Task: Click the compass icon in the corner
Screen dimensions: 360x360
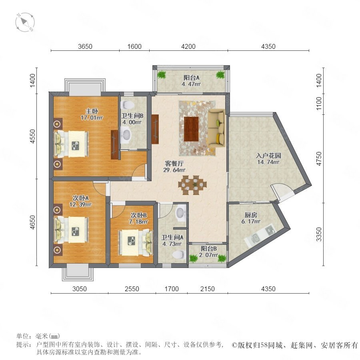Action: click(25, 22)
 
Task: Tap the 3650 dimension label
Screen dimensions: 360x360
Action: click(85, 46)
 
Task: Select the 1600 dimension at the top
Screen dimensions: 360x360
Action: click(134, 46)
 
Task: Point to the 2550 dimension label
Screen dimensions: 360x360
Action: click(132, 288)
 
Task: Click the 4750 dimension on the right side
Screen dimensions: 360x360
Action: click(319, 159)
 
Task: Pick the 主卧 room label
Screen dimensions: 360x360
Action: click(92, 111)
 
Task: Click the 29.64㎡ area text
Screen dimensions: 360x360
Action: click(174, 170)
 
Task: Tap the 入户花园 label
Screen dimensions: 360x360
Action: click(268, 156)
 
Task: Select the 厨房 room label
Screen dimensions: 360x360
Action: click(251, 215)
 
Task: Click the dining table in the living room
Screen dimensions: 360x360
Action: click(192, 185)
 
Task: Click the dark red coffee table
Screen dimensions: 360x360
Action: click(191, 129)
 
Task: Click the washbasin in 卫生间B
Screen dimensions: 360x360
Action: click(126, 134)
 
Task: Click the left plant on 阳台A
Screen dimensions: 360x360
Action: click(162, 75)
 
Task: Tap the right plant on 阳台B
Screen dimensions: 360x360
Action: click(222, 258)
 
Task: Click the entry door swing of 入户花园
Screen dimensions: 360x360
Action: click(282, 192)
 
